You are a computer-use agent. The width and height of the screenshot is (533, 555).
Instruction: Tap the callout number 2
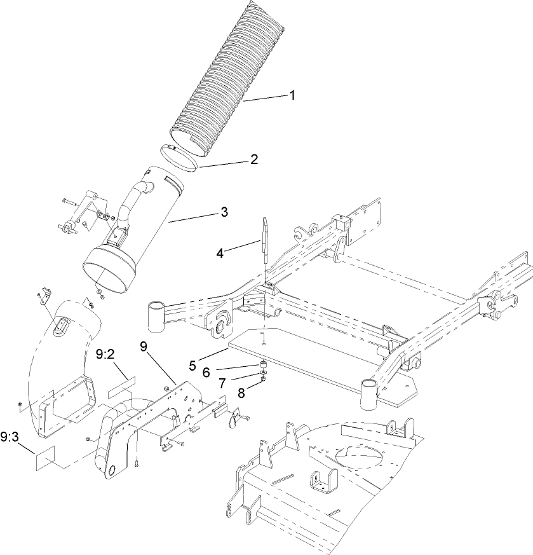(253, 159)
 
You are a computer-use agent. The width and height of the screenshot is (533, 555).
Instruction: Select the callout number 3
(224, 211)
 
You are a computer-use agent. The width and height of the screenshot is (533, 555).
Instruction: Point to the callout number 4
(220, 252)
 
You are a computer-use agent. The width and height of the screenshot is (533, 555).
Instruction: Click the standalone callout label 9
(143, 347)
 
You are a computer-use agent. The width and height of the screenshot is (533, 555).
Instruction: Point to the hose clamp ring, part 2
(177, 158)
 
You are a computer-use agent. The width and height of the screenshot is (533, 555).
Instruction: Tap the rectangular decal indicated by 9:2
(121, 383)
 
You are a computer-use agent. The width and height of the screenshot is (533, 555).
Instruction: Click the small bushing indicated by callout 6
(261, 365)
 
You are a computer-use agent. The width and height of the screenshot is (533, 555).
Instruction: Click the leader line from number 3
(194, 217)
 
